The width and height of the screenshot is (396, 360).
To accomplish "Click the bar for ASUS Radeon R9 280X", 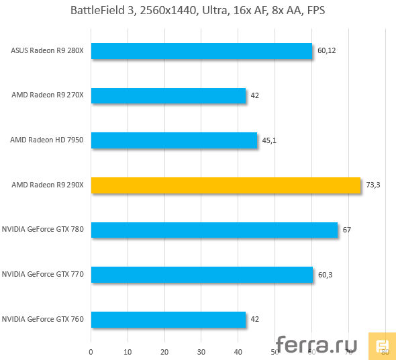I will coord(201,51).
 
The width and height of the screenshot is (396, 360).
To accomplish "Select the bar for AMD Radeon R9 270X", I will coord(168,95).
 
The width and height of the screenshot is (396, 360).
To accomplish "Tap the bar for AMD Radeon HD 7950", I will coord(175,140).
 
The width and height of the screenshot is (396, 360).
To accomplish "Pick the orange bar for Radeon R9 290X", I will coord(226,185).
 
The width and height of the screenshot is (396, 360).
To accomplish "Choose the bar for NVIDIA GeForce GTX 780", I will coord(214,230).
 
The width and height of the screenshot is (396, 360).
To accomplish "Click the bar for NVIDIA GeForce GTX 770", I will coord(202,274).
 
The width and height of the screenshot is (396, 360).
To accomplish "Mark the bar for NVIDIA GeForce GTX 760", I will coord(168,319).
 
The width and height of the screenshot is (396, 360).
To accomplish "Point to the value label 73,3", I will coord(374,185).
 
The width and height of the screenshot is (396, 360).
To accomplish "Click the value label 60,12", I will coord(328,51).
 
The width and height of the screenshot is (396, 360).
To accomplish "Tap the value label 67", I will coord(347,230).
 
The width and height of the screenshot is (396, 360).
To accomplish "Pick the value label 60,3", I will coord(326,274).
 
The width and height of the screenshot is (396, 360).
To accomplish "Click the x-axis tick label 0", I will coord(91,350).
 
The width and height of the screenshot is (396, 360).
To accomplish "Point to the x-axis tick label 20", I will coord(164,350).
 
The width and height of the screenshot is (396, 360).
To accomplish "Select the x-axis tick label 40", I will coord(238,350).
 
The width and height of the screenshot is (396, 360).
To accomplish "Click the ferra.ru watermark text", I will coord(317,345).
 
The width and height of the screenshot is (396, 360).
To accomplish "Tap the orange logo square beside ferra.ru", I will coord(381,345).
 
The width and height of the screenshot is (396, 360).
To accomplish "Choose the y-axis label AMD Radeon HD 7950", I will coord(47,140).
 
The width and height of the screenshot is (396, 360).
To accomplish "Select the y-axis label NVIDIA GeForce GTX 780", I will coord(43,230).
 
